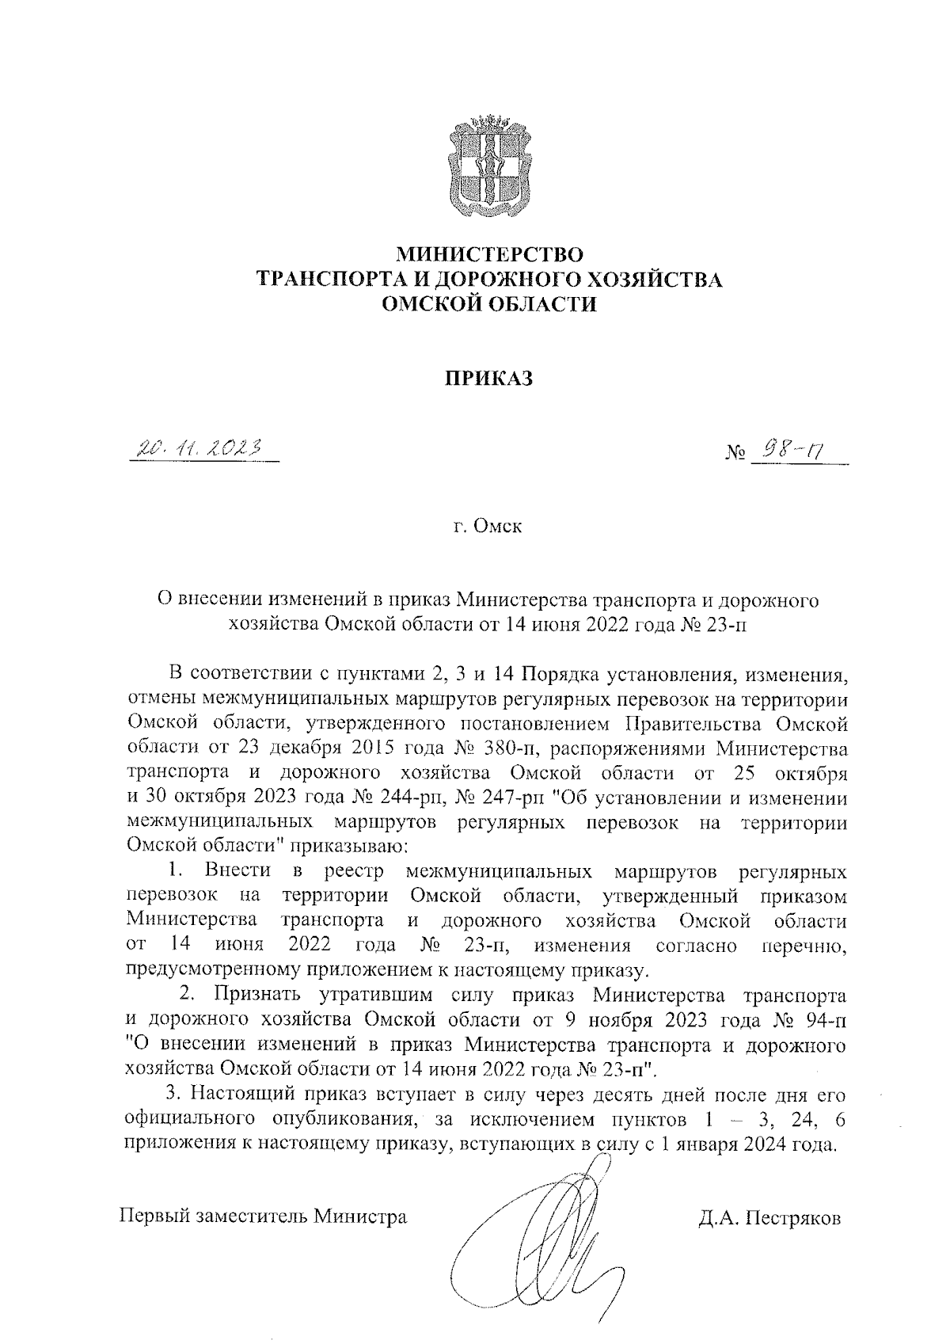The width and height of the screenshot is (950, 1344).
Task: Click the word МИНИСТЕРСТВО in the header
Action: click(x=489, y=255)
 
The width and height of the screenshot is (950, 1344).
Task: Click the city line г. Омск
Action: click(x=488, y=527)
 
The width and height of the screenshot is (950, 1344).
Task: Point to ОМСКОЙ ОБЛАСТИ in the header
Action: click(x=488, y=303)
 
